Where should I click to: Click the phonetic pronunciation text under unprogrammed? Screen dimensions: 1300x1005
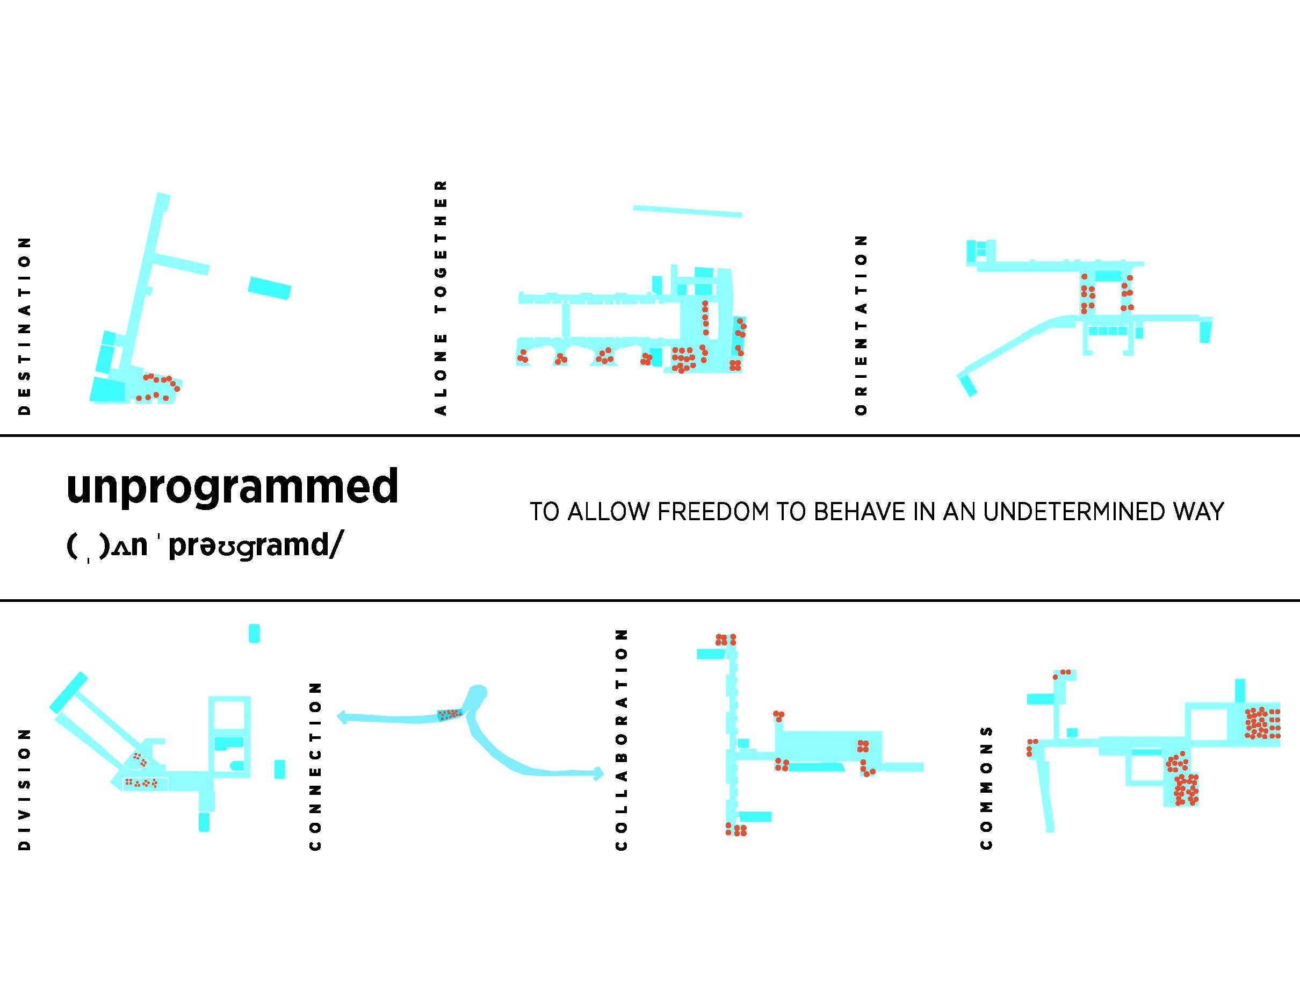click(x=205, y=545)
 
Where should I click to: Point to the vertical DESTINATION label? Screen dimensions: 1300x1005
click(x=24, y=326)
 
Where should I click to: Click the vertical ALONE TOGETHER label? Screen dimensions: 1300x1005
click(x=440, y=298)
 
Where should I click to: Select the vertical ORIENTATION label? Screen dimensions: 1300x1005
click(x=861, y=325)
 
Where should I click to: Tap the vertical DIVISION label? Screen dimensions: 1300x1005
click(x=24, y=789)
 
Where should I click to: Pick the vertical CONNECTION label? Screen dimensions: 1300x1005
click(x=315, y=766)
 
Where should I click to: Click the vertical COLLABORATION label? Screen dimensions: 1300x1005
click(x=622, y=740)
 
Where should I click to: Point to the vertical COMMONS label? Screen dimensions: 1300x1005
click(x=986, y=787)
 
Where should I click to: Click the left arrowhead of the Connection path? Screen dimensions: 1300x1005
click(x=342, y=717)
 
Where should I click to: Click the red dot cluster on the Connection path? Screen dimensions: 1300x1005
click(x=450, y=714)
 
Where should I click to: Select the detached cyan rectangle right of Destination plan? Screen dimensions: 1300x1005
click(x=270, y=288)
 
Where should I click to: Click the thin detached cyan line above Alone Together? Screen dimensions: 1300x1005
click(x=688, y=211)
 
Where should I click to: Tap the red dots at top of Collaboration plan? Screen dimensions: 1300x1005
click(x=726, y=640)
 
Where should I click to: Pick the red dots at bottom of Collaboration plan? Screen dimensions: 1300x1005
click(x=736, y=829)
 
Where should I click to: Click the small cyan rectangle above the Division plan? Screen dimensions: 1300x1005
click(x=254, y=634)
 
